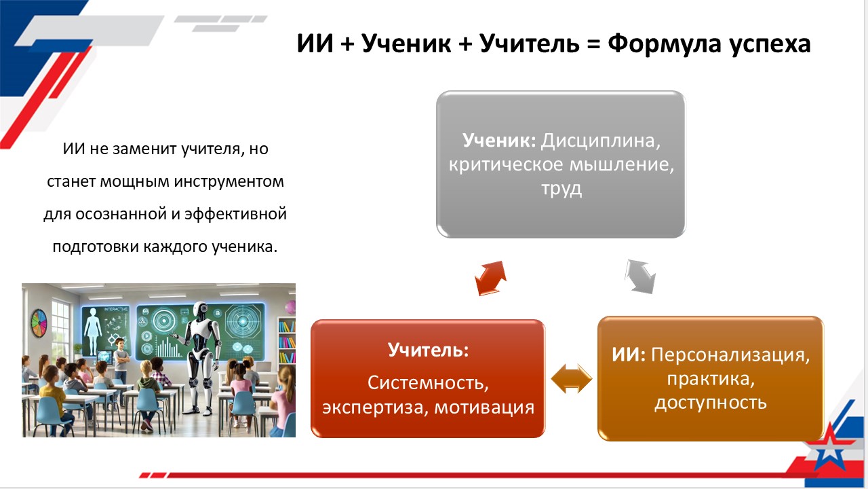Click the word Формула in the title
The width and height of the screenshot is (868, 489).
(664, 44)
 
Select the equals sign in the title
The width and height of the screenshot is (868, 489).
(593, 44)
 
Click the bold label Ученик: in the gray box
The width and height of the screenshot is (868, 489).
(499, 140)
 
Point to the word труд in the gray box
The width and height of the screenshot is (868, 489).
(561, 189)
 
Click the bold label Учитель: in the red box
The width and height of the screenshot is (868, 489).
(428, 350)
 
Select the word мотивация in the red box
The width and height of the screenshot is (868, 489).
(484, 407)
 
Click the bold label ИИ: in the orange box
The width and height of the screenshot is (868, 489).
(629, 355)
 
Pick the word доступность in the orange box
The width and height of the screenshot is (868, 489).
(711, 403)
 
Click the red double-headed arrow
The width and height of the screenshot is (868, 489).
(490, 278)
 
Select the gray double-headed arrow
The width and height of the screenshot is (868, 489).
(639, 276)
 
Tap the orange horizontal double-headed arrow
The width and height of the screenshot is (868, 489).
(572, 378)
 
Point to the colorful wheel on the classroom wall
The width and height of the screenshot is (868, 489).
(39, 323)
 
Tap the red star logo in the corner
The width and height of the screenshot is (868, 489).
(829, 450)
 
